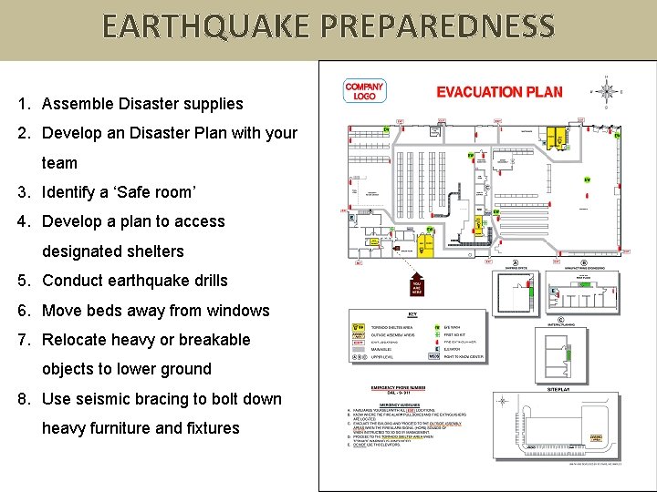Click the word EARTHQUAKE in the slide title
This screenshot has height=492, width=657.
pyautogui.click(x=206, y=26)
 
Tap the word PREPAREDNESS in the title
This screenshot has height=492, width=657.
pyautogui.click(x=437, y=26)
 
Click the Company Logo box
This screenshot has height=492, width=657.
pyautogui.click(x=364, y=91)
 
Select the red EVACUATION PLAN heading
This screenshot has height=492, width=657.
pyautogui.click(x=499, y=91)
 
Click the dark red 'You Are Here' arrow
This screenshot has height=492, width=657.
pyautogui.click(x=416, y=284)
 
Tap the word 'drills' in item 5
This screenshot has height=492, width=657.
pyautogui.click(x=203, y=281)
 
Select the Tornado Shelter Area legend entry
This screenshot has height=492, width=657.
pyautogui.click(x=388, y=326)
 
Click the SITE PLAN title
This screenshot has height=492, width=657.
pyautogui.click(x=558, y=388)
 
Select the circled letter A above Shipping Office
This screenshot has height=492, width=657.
pyautogui.click(x=515, y=261)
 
